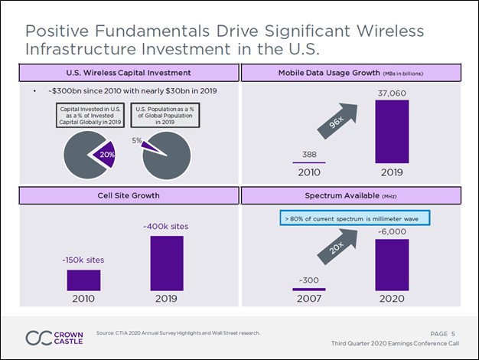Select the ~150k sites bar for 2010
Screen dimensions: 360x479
pos(83,280)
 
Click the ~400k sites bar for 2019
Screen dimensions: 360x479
pos(167,263)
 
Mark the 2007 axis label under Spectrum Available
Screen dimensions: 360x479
pos(308,299)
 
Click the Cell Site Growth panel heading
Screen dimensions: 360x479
pos(123,196)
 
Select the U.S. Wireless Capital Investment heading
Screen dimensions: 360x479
pos(123,73)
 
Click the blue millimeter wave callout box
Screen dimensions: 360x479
pos(354,219)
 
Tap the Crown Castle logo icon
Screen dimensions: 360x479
pos(39,337)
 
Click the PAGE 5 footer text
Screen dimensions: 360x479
pos(443,333)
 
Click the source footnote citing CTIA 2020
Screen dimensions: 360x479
pos(178,333)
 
